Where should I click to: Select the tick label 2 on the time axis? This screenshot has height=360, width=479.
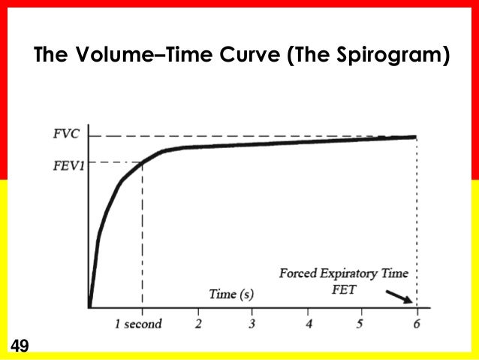click(x=199, y=324)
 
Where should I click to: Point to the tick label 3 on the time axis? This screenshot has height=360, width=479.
click(x=253, y=324)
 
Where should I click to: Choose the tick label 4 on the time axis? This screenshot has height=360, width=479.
click(x=309, y=324)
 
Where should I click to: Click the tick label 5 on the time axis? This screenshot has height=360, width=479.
click(x=360, y=324)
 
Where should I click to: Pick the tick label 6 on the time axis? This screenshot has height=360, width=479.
click(x=417, y=324)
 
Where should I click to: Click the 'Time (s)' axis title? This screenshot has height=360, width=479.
click(x=230, y=294)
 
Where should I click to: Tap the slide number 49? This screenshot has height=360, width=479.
click(x=19, y=346)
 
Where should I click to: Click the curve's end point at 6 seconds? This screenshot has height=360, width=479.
click(x=416, y=137)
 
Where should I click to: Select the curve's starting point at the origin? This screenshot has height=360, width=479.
click(x=89, y=307)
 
